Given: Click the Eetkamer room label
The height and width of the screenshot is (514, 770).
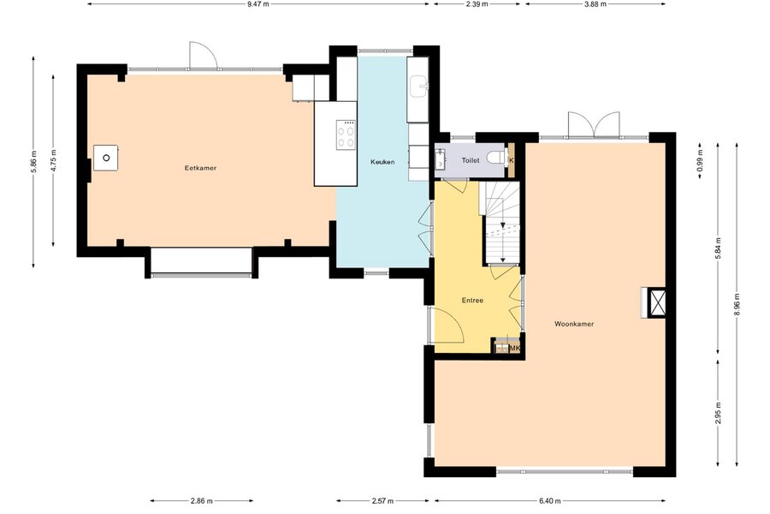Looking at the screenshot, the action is [x=200, y=168].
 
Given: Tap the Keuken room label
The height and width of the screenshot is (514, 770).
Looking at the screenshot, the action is [x=382, y=162].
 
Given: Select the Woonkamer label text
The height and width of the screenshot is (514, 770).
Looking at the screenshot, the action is [x=574, y=324].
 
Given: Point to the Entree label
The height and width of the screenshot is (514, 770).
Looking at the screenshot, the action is [x=472, y=301].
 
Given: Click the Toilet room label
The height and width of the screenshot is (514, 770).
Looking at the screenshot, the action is [x=471, y=161].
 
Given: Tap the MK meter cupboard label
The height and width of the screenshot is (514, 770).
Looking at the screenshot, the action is [x=515, y=349].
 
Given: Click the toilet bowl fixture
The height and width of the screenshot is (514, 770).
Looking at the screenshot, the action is [x=495, y=158].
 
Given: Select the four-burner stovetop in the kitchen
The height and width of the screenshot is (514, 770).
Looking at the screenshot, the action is [x=346, y=135].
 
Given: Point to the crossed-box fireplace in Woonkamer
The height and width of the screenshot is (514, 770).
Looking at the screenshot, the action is [x=657, y=302].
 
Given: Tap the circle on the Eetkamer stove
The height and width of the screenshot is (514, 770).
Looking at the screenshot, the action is [x=106, y=158].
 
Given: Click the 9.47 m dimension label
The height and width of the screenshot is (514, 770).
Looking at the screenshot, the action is [x=258, y=4].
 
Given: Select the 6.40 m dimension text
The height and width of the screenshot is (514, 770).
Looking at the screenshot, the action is [x=549, y=501].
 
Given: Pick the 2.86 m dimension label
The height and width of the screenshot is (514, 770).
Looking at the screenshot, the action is [x=201, y=501].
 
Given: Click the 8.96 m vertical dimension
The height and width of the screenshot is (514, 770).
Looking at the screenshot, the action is [x=737, y=304].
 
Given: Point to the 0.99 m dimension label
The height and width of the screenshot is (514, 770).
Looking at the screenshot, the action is [x=700, y=160].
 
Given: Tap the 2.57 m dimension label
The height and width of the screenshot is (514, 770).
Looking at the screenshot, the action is [x=382, y=501].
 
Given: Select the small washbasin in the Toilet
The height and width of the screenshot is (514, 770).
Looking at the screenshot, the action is [x=440, y=158].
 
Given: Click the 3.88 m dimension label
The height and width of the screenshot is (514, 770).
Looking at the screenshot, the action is [x=595, y=4].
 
